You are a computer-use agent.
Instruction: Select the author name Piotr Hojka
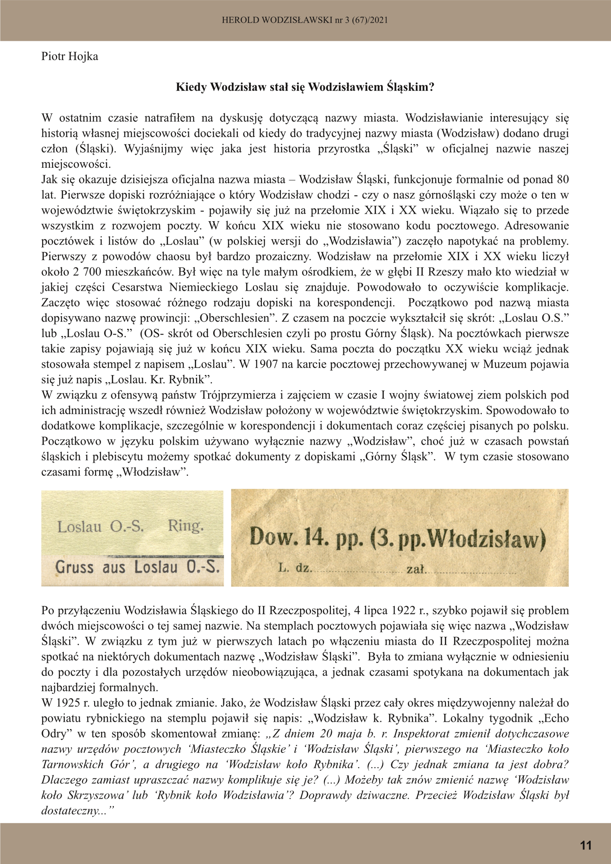click(70, 56)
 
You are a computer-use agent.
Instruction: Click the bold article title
click(305, 87)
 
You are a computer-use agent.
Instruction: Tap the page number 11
click(586, 845)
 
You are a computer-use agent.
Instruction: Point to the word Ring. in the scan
click(186, 526)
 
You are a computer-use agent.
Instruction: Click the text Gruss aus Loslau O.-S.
click(138, 567)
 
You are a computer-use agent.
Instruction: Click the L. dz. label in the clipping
click(295, 568)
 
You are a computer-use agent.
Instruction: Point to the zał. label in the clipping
click(416, 569)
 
